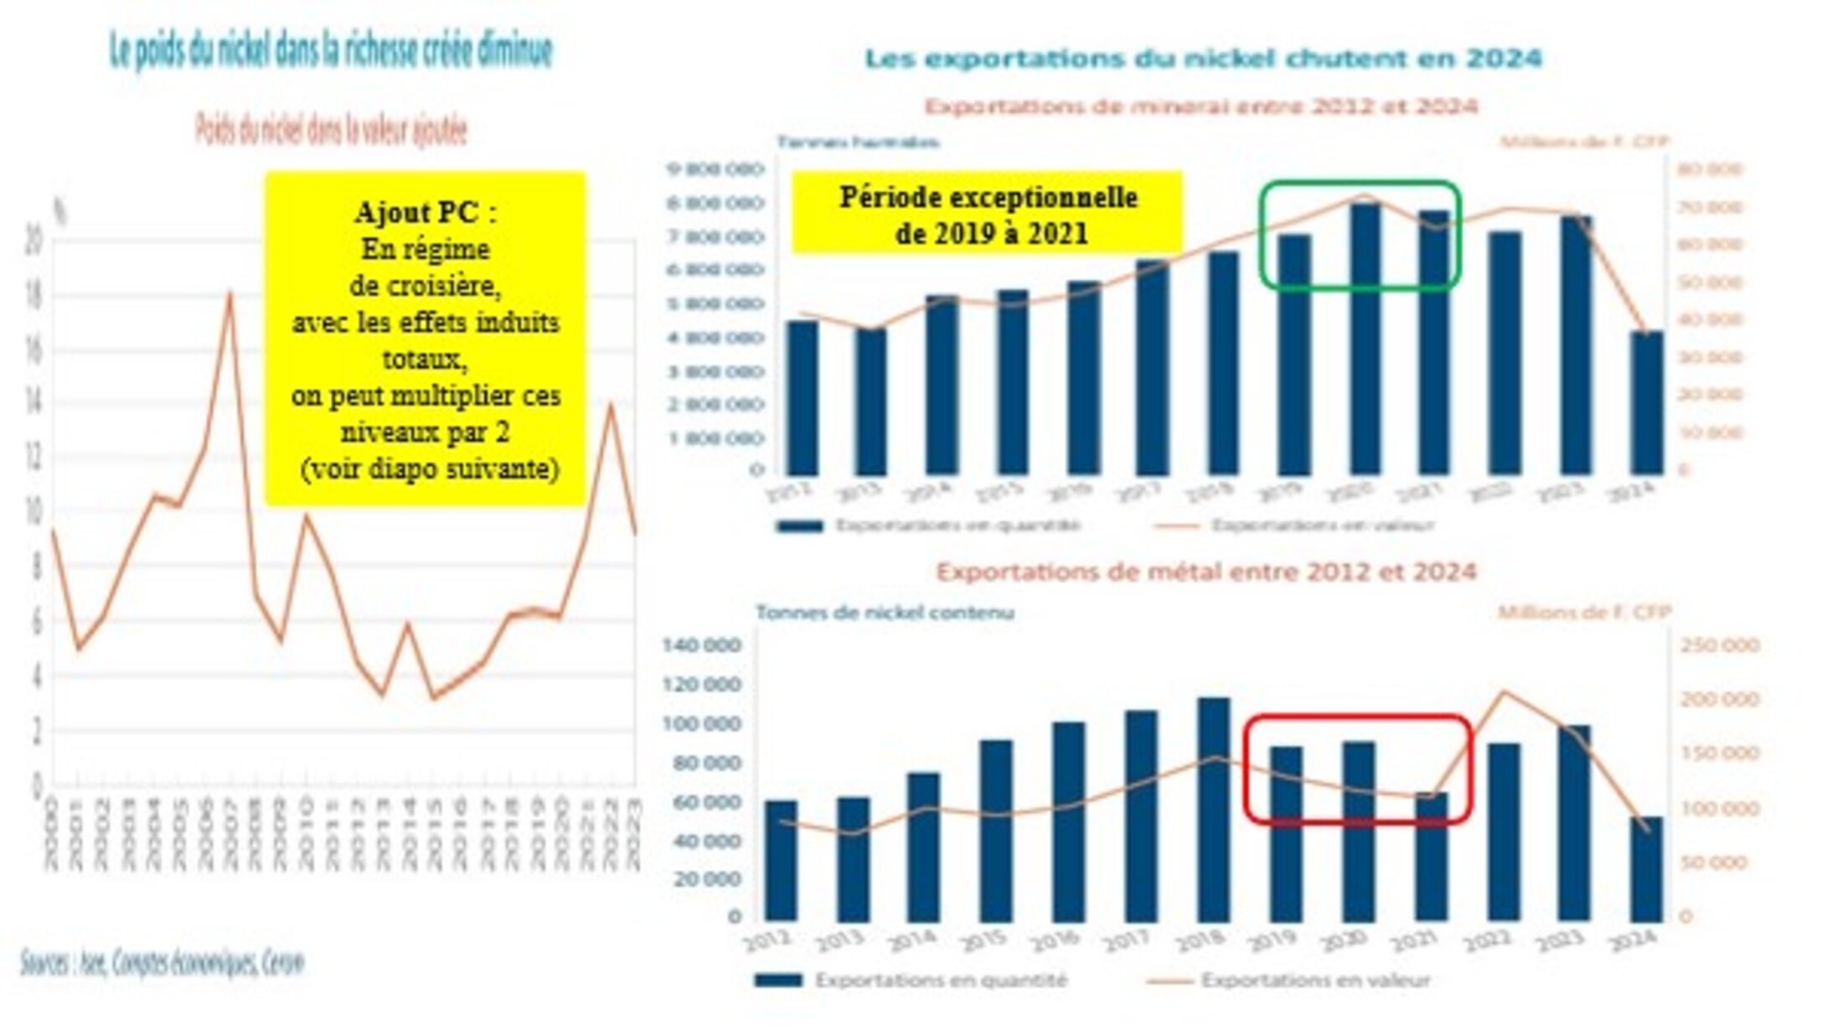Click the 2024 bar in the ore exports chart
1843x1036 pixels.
pos(1646,402)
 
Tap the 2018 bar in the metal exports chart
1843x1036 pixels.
pos(1213,809)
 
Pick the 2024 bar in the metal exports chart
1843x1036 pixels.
pos(1646,868)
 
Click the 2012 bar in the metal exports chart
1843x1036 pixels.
pos(781,860)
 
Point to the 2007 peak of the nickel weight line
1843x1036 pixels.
pos(230,293)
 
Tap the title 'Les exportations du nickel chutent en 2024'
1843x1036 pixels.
pos(1203,59)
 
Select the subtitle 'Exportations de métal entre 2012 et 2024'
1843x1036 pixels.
pos(1205,572)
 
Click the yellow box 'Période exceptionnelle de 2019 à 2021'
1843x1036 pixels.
pos(988,213)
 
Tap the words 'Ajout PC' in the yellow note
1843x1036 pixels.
pos(425,212)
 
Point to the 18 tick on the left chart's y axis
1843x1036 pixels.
pos(34,296)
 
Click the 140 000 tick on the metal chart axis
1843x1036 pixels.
pos(701,645)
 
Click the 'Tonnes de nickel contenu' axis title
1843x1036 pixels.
pos(885,613)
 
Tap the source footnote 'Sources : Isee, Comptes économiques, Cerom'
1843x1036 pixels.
pos(163,962)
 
